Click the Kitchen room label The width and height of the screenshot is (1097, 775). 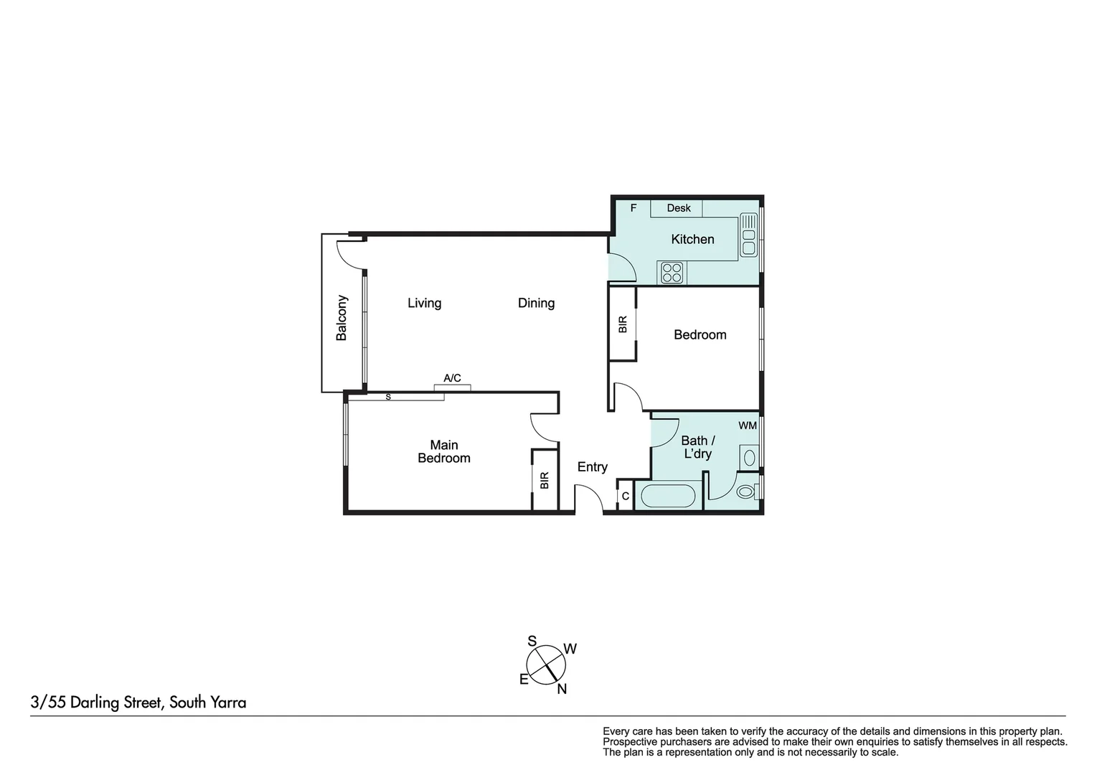(692, 239)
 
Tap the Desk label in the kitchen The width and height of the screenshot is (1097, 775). (678, 208)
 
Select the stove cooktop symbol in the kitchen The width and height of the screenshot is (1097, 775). (672, 273)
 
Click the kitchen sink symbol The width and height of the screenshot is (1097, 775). (749, 235)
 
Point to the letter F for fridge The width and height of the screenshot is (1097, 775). (634, 208)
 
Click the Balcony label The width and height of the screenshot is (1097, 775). (342, 317)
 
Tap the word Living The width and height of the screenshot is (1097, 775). (424, 303)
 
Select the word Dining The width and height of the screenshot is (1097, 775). (536, 303)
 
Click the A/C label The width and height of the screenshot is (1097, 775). (452, 378)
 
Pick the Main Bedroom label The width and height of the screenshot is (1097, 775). (444, 451)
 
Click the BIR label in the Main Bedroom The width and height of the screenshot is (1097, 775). (545, 480)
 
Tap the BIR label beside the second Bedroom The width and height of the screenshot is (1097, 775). (623, 324)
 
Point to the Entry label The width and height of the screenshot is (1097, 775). (593, 467)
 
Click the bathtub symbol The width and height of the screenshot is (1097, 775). (667, 496)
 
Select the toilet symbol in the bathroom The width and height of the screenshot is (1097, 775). (746, 492)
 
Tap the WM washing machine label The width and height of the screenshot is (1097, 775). (748, 426)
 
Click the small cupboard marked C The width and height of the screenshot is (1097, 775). (625, 496)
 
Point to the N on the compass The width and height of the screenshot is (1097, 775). (562, 689)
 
